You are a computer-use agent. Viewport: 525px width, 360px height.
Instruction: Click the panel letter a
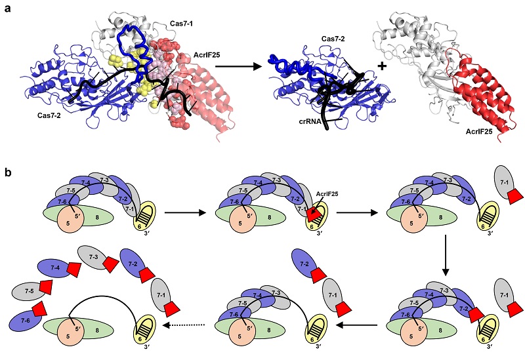point(7,9)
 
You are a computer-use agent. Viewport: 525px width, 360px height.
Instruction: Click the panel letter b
point(8,172)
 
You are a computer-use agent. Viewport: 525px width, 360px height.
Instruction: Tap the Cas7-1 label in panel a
point(181,24)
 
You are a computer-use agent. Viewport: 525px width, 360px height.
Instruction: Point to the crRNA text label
point(310,122)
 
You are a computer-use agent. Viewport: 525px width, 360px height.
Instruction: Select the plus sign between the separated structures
point(382,66)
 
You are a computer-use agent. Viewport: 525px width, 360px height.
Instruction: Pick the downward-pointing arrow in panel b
point(446,255)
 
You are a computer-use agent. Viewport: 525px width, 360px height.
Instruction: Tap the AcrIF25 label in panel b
point(327,193)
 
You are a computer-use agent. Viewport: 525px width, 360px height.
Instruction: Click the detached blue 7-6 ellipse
point(26,321)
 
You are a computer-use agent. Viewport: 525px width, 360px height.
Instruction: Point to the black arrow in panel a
point(238,66)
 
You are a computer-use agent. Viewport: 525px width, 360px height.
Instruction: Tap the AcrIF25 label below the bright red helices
point(479,132)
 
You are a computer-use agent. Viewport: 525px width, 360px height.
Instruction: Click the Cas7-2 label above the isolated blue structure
point(333,39)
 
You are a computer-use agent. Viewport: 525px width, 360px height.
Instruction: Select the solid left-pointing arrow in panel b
point(357,325)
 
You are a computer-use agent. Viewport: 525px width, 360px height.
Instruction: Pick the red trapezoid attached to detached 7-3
point(111,265)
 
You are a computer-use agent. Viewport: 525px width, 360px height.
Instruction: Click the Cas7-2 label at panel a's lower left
point(49,115)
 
